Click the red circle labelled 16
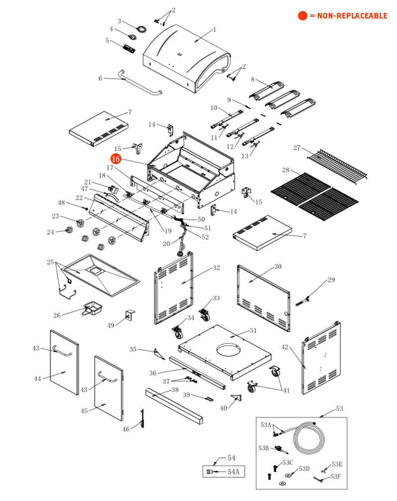[x=115, y=159]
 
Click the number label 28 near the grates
[x=285, y=170]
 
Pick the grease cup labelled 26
[x=93, y=308]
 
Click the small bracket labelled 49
[x=130, y=316]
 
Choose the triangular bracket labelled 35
[x=158, y=353]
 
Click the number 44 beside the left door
[x=38, y=379]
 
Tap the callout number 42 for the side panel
[x=285, y=347]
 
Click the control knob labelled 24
[x=69, y=230]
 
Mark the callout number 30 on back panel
[x=278, y=267]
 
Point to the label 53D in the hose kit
[x=304, y=469]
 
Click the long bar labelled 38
[x=174, y=403]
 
